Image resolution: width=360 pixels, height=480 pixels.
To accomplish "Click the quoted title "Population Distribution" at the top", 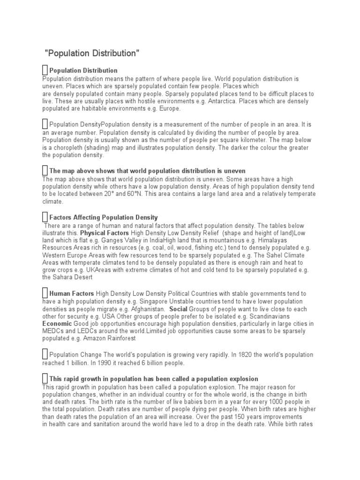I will tap(92, 53).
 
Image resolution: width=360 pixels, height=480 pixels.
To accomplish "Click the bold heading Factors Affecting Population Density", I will tap(104, 217).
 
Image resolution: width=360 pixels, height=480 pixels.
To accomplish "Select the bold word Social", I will tap(178, 309).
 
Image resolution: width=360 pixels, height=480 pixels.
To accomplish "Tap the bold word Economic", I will tap(57, 324).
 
